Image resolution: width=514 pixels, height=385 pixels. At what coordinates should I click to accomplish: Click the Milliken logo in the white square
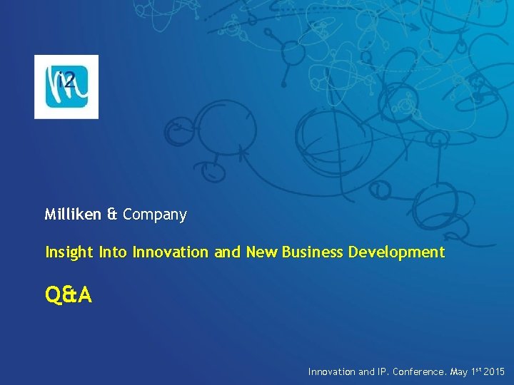(x=66, y=86)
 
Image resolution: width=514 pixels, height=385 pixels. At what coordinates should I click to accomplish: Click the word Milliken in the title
(x=73, y=215)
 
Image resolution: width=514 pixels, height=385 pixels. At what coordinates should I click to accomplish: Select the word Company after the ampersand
(x=155, y=215)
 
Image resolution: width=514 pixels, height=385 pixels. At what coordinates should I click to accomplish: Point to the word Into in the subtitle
(x=113, y=252)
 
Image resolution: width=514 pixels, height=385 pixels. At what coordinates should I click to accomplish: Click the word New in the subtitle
(x=262, y=252)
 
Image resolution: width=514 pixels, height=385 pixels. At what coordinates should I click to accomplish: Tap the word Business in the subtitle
(x=313, y=252)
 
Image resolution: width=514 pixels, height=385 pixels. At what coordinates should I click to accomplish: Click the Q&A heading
(x=69, y=294)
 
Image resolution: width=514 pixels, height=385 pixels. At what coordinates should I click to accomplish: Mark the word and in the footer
(x=366, y=372)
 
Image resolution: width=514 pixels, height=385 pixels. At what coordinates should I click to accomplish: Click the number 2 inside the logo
(x=69, y=80)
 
